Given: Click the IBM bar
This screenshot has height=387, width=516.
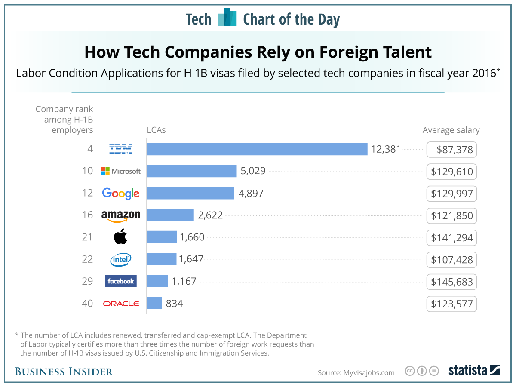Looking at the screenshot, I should click(257, 149).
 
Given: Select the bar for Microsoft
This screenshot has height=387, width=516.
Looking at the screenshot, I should click(192, 171).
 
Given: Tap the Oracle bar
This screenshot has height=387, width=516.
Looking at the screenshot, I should click(154, 303).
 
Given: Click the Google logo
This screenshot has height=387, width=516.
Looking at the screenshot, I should click(121, 193).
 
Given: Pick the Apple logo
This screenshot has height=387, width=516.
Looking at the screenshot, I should click(121, 237).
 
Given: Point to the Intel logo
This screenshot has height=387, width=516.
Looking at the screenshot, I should click(121, 259).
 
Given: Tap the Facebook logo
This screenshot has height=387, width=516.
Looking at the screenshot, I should click(121, 281).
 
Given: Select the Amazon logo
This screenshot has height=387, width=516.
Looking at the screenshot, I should click(121, 215).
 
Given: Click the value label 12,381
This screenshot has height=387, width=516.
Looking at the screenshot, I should click(386, 149).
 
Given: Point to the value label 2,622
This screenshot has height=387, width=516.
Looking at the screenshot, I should click(210, 215).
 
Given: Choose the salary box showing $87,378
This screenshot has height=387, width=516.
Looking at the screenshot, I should click(451, 150).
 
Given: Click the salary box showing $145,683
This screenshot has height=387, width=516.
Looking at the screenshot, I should click(451, 282).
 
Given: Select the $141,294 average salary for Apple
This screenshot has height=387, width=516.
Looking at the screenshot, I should click(451, 238).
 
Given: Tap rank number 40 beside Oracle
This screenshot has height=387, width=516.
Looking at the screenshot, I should click(87, 304).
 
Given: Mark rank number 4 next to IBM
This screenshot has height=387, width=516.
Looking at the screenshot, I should click(90, 149).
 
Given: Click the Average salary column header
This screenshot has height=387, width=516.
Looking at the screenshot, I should click(451, 130).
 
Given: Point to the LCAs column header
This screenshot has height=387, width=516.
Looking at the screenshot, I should click(156, 130).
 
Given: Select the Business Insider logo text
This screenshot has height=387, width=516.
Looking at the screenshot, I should click(64, 372).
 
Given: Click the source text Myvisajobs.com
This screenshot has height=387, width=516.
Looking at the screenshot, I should click(356, 372).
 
